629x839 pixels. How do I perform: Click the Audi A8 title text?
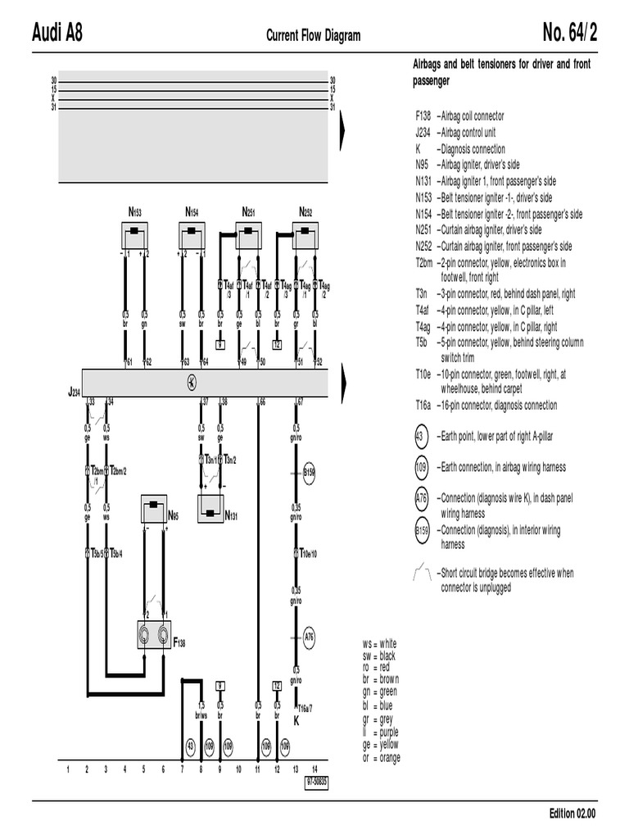[x=57, y=34]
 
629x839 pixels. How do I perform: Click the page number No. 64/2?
[x=569, y=34]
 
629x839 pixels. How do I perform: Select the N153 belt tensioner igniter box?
[x=135, y=237]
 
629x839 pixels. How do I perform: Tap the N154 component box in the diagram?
[x=192, y=237]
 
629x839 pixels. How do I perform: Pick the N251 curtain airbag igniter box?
[x=249, y=237]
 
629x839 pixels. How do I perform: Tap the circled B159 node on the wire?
[x=309, y=473]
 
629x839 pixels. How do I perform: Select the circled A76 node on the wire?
[x=309, y=635]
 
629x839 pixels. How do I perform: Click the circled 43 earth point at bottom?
[x=191, y=746]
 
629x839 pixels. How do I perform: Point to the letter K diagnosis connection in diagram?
[x=296, y=721]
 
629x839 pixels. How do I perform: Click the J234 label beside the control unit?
[x=74, y=392]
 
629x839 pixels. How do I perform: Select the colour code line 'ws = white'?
[x=378, y=644]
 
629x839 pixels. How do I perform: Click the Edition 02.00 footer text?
[x=572, y=814]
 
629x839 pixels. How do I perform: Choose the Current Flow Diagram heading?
[x=313, y=35]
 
